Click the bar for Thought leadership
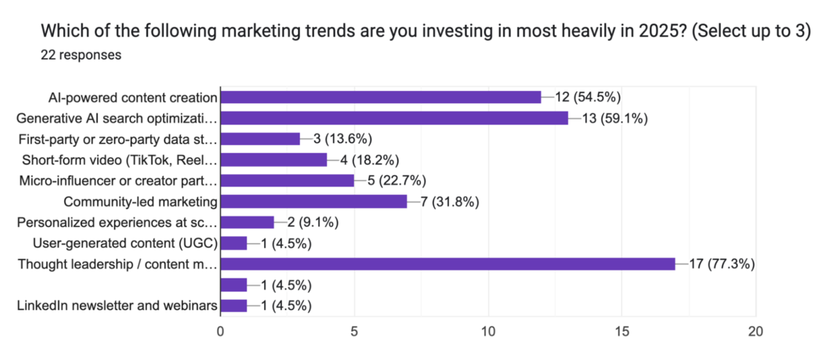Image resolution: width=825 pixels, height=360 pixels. [x=448, y=264]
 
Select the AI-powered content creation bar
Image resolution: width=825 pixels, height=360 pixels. [x=381, y=97]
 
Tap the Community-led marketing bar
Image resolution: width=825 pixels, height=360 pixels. [x=313, y=202]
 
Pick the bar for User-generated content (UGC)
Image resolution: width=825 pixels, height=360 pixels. [x=234, y=243]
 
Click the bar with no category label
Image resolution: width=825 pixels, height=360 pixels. [x=234, y=285]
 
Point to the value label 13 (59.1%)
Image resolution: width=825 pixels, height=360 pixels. [x=615, y=119]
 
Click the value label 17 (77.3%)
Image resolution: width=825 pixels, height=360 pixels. [x=722, y=264]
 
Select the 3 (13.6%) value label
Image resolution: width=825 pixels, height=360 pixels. [x=343, y=139]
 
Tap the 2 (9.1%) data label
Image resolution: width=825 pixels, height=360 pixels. [x=313, y=222]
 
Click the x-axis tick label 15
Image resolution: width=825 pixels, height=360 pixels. [x=622, y=332]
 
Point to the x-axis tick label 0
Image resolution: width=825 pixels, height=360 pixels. [x=220, y=332]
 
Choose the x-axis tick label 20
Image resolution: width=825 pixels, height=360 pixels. [x=755, y=332]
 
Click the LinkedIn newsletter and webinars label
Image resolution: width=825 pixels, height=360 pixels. [x=117, y=305]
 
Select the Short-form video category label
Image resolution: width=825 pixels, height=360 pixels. [x=119, y=160]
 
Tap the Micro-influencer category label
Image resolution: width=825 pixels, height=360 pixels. [x=118, y=181]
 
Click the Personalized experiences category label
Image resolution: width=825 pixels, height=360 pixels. [x=117, y=222]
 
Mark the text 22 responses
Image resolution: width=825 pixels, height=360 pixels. [x=81, y=55]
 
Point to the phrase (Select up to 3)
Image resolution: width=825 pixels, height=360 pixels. [x=751, y=31]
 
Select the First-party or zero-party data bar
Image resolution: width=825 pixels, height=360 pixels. [x=260, y=139]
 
